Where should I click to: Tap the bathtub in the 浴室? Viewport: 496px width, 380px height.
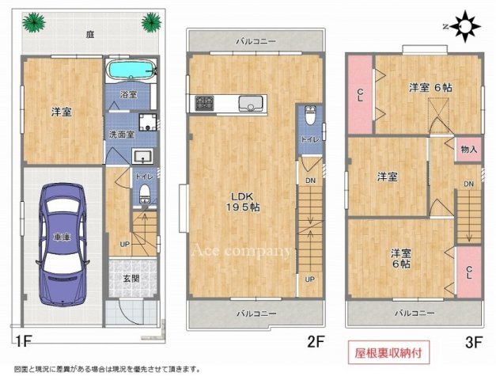(131, 70)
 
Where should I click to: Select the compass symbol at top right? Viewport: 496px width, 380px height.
(466, 29)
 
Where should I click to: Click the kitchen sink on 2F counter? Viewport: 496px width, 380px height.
(252, 103)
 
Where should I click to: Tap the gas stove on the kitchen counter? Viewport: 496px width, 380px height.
(203, 103)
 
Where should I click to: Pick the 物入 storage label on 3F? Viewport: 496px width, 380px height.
(468, 150)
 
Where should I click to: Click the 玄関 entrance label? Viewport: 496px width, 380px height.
(131, 279)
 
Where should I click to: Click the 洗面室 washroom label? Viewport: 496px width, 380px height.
(123, 134)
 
